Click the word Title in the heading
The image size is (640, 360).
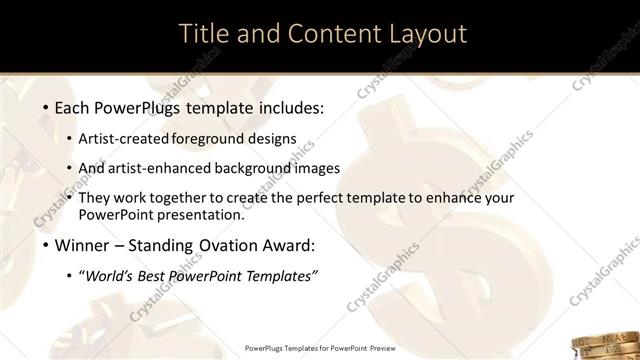click(205, 33)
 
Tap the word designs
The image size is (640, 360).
click(275, 138)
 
